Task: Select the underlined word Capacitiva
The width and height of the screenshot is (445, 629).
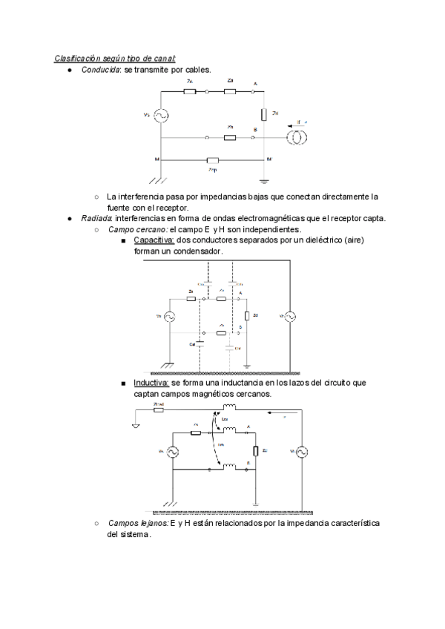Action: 154,240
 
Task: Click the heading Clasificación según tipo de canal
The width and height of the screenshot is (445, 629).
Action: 114,58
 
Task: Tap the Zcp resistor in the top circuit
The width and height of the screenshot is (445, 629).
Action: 213,159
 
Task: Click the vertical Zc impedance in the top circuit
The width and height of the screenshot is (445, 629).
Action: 264,114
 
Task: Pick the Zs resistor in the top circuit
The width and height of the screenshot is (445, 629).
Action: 191,92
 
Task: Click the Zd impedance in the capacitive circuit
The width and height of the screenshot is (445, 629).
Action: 248,316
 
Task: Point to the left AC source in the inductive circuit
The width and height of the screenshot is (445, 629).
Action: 172,451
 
